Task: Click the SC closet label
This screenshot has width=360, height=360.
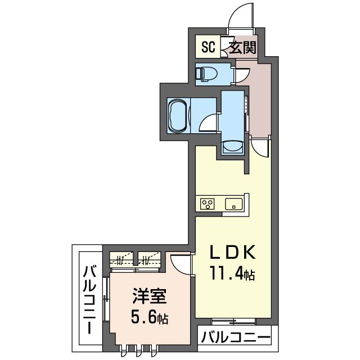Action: tap(209, 47)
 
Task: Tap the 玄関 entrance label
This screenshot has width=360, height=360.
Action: tap(242, 47)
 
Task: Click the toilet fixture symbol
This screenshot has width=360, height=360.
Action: tap(206, 74)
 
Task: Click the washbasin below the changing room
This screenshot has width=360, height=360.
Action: tap(232, 147)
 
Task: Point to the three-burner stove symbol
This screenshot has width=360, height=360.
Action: tap(208, 204)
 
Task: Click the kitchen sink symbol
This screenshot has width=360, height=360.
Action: tap(234, 204)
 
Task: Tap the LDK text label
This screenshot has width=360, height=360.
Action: tap(232, 252)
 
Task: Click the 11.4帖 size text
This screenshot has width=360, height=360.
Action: tap(232, 273)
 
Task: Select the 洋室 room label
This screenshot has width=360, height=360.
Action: tap(149, 296)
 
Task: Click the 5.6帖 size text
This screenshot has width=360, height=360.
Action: tap(150, 317)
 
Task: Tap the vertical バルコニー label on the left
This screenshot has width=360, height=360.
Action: tap(90, 299)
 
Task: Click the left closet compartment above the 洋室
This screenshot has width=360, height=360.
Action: tap(121, 260)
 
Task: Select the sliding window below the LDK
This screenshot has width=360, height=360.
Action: tap(233, 321)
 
